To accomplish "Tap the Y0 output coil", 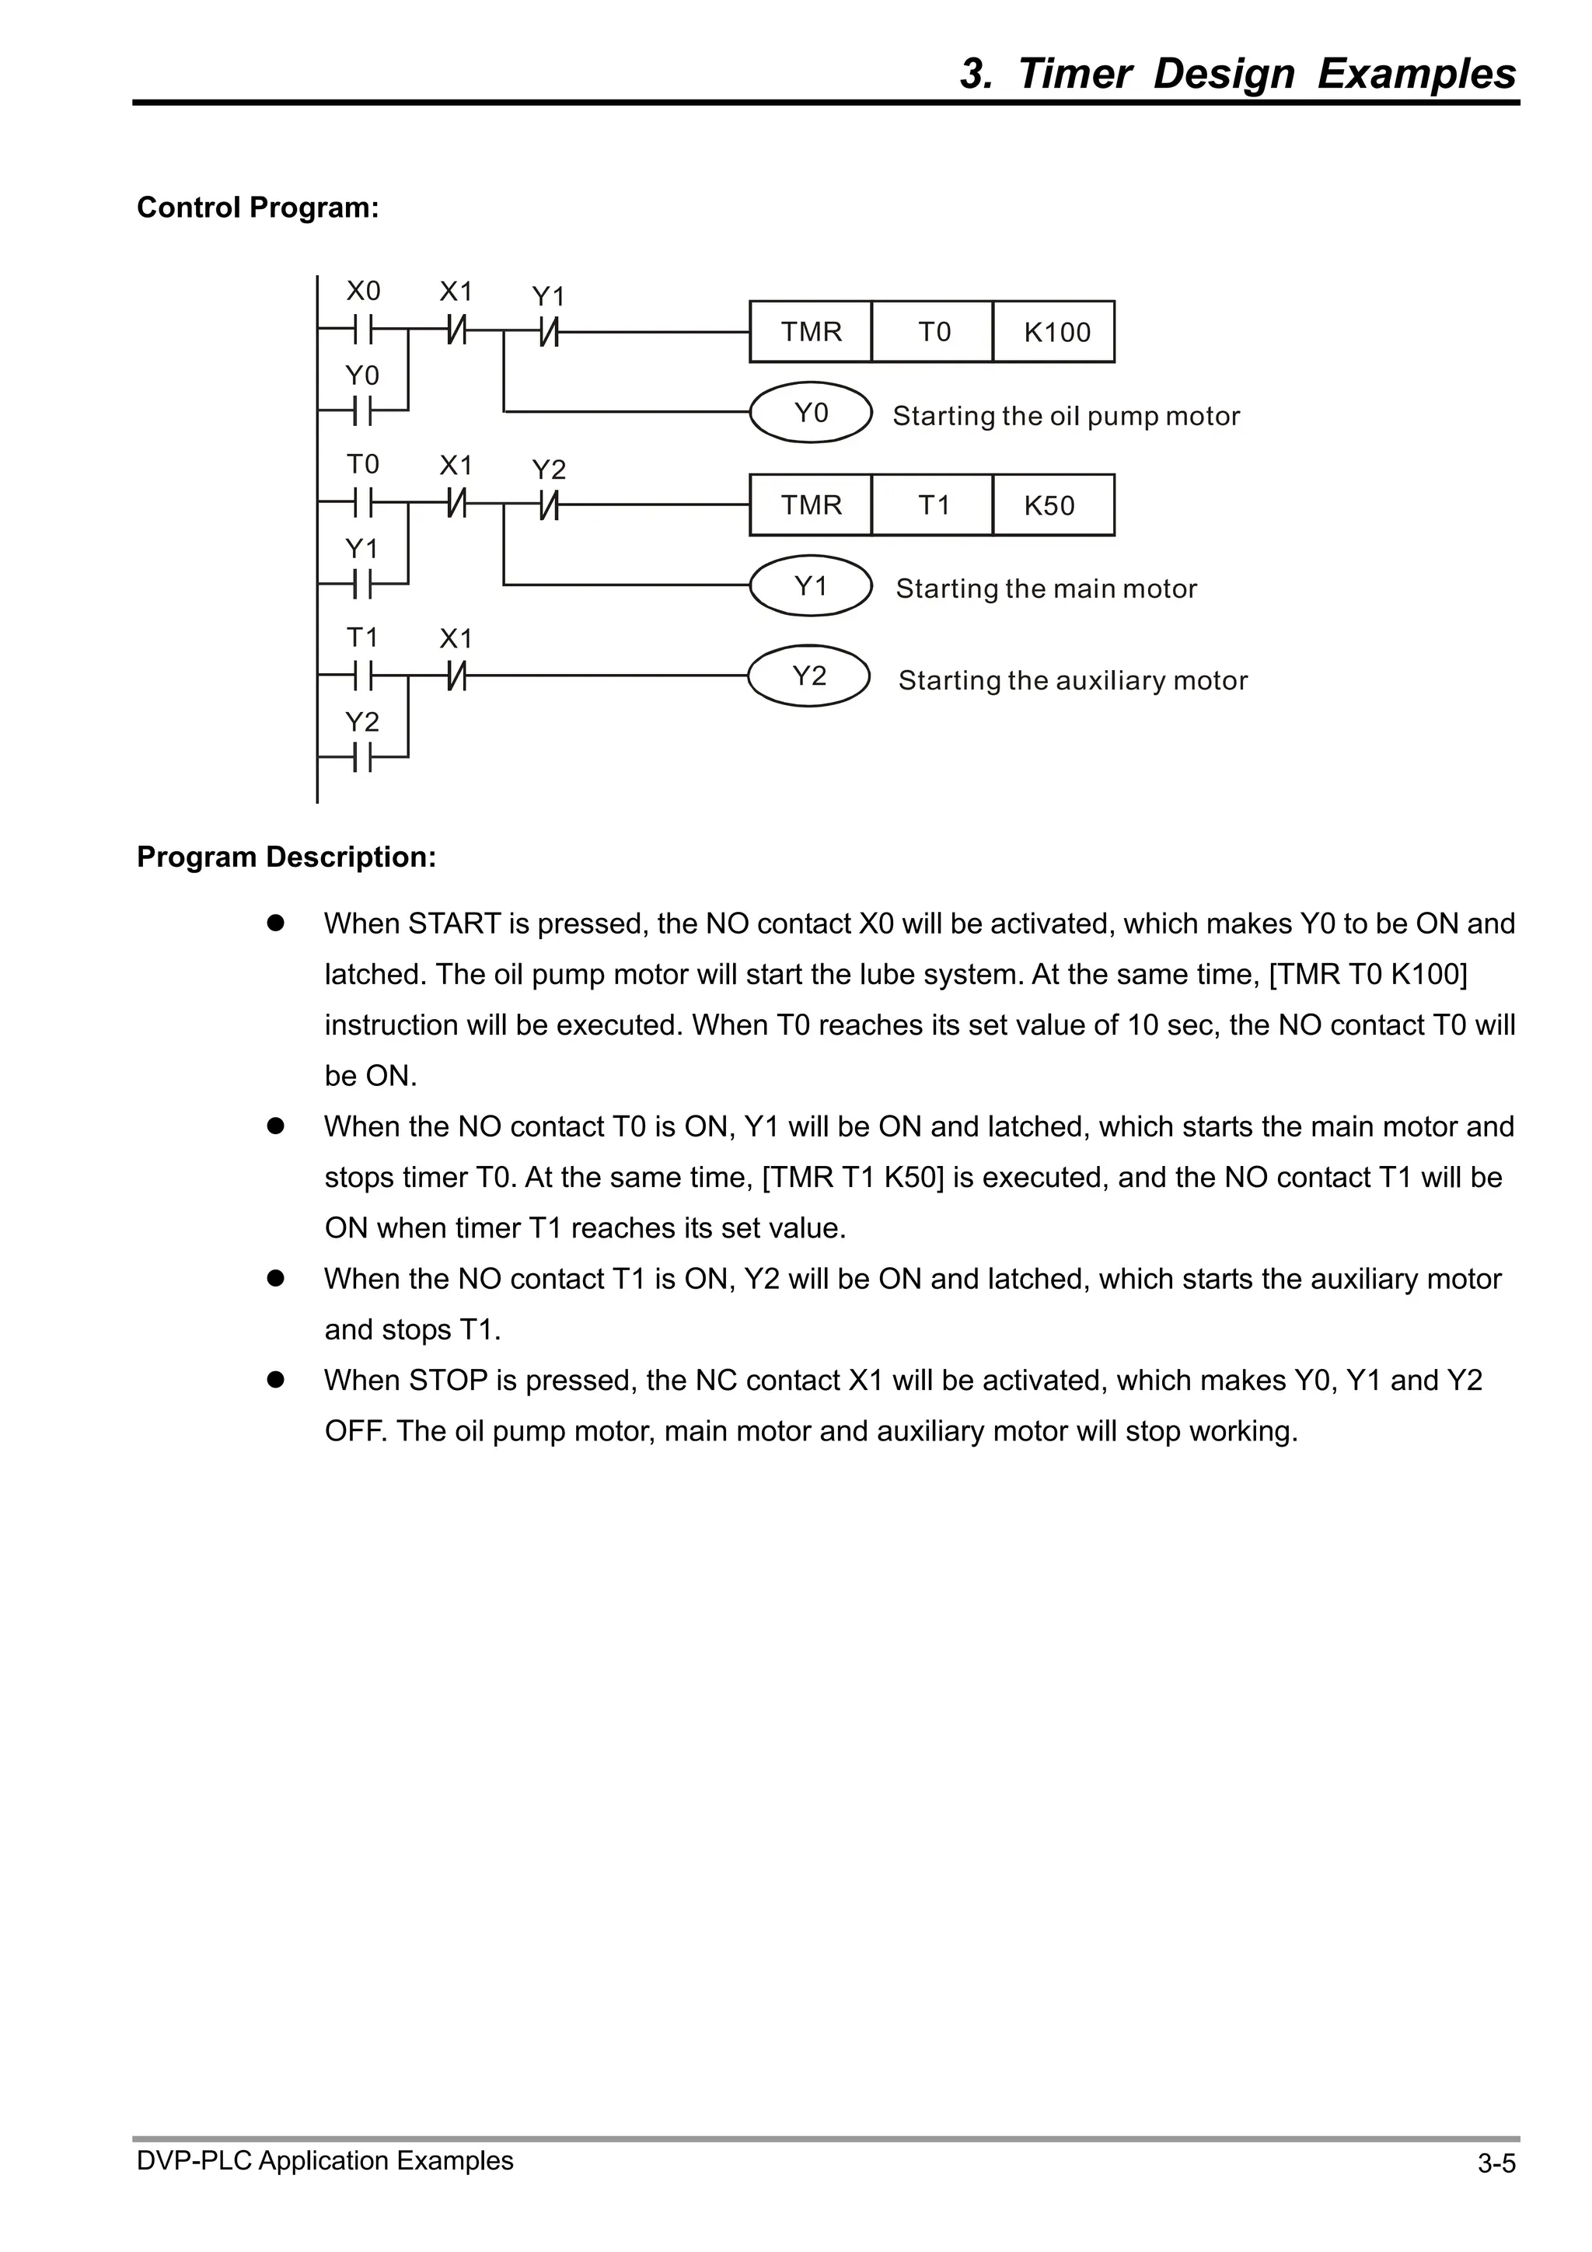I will tap(810, 412).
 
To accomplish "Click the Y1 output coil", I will tap(810, 585).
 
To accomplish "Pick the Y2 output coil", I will tap(808, 675).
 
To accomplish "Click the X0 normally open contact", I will tap(362, 331).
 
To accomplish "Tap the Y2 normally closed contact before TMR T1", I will tap(548, 505).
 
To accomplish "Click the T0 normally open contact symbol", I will tap(362, 505).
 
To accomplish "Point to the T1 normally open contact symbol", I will tap(362, 675).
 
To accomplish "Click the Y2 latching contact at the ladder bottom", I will tap(362, 757).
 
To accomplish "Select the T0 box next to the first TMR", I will tap(932, 331).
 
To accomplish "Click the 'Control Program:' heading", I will tap(258, 208).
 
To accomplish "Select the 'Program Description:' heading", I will tap(286, 857).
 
